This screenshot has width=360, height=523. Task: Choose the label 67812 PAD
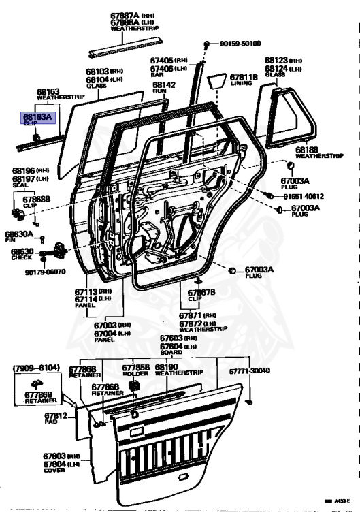tap(55, 417)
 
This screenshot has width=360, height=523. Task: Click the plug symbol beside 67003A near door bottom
tap(232, 270)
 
